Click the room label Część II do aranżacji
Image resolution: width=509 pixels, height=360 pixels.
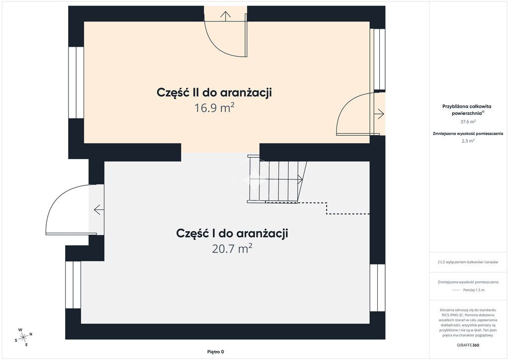pos(214,92)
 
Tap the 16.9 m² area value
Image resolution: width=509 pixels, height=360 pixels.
pos(214,107)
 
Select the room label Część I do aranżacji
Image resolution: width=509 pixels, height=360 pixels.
pos(232,233)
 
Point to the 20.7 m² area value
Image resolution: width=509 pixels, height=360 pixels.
pos(232,249)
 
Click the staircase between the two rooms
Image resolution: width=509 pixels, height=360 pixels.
pos(276,179)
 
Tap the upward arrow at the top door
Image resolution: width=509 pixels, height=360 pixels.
pos(225,15)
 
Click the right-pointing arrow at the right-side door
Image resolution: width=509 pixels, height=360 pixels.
pos(379,114)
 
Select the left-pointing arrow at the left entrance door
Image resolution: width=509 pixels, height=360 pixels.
pos(99,210)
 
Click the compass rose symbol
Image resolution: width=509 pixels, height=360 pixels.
pos(23,338)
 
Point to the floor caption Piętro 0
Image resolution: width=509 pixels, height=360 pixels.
pos(216,352)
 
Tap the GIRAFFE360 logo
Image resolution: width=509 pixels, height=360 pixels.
pos(468,345)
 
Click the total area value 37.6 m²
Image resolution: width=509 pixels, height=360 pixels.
pos(468,122)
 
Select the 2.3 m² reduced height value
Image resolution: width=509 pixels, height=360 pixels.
pos(468,141)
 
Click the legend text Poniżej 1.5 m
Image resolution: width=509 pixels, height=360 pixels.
pos(474,290)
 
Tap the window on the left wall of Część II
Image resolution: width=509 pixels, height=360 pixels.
pos(76,83)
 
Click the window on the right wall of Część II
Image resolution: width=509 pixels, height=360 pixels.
pos(378,59)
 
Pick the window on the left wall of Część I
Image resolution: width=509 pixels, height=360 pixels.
pos(73,285)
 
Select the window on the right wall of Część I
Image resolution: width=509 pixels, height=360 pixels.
pos(378,287)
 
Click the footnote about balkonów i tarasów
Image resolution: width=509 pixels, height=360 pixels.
pos(468,262)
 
